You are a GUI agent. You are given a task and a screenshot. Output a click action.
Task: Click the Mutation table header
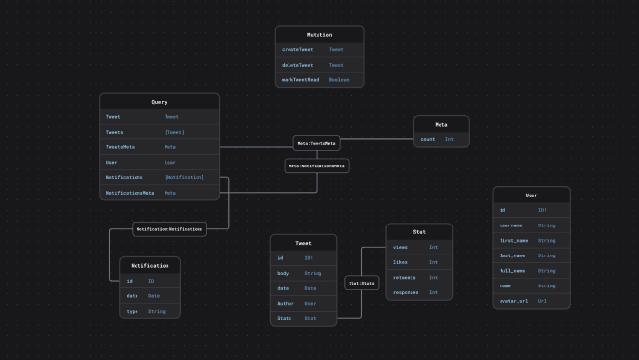click(x=319, y=34)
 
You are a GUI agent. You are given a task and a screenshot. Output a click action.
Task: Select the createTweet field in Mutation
click(x=297, y=49)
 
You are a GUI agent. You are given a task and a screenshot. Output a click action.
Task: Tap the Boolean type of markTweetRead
click(x=339, y=80)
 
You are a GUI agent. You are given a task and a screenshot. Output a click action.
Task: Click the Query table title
click(x=159, y=102)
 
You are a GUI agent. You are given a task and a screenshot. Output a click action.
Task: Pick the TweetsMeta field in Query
click(x=121, y=147)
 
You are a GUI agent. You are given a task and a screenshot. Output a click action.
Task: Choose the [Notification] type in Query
click(x=184, y=177)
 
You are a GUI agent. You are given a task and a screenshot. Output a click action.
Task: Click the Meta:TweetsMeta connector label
click(x=317, y=143)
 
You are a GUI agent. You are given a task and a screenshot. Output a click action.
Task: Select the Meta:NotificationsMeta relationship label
click(x=316, y=165)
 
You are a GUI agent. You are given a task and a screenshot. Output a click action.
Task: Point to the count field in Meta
click(x=427, y=139)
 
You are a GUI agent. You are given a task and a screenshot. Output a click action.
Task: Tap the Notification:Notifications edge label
click(x=169, y=229)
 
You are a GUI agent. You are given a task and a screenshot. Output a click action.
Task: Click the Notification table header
click(x=149, y=265)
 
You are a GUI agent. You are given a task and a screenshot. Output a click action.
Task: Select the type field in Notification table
click(x=132, y=311)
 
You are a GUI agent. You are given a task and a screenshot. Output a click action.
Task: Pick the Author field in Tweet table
click(x=286, y=303)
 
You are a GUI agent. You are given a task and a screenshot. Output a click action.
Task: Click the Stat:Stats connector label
click(x=361, y=284)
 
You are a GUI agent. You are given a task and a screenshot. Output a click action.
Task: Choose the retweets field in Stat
click(x=404, y=277)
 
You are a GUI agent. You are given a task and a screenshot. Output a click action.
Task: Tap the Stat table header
click(x=419, y=232)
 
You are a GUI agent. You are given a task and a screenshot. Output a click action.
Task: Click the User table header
click(x=532, y=195)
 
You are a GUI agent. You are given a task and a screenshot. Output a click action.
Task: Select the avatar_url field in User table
click(x=514, y=300)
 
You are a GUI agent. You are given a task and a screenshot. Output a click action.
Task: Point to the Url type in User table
click(x=542, y=300)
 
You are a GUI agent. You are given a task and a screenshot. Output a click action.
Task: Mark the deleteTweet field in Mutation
click(x=297, y=65)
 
